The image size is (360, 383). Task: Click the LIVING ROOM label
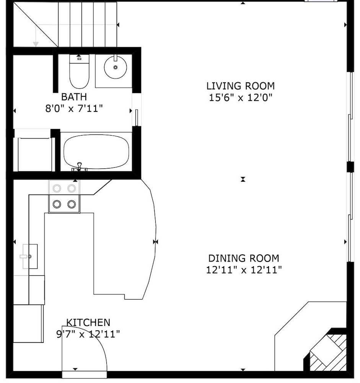[x=240, y=86]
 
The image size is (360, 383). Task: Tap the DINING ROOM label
[x=244, y=258]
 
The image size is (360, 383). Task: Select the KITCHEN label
[x=88, y=322]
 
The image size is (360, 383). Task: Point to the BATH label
[x=74, y=97]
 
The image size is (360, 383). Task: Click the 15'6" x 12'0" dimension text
[x=240, y=98]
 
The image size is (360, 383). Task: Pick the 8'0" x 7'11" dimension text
[x=74, y=108]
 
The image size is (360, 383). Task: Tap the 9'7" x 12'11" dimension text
[x=88, y=334]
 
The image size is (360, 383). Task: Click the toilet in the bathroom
[x=79, y=71]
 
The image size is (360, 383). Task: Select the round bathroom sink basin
[x=116, y=67]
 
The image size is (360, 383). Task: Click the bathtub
[x=96, y=152]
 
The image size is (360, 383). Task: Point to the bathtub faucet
[x=79, y=167]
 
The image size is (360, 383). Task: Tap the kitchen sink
[x=30, y=257]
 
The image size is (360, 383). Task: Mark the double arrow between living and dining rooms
[x=243, y=179]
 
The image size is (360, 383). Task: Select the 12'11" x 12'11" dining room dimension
[x=244, y=270]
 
